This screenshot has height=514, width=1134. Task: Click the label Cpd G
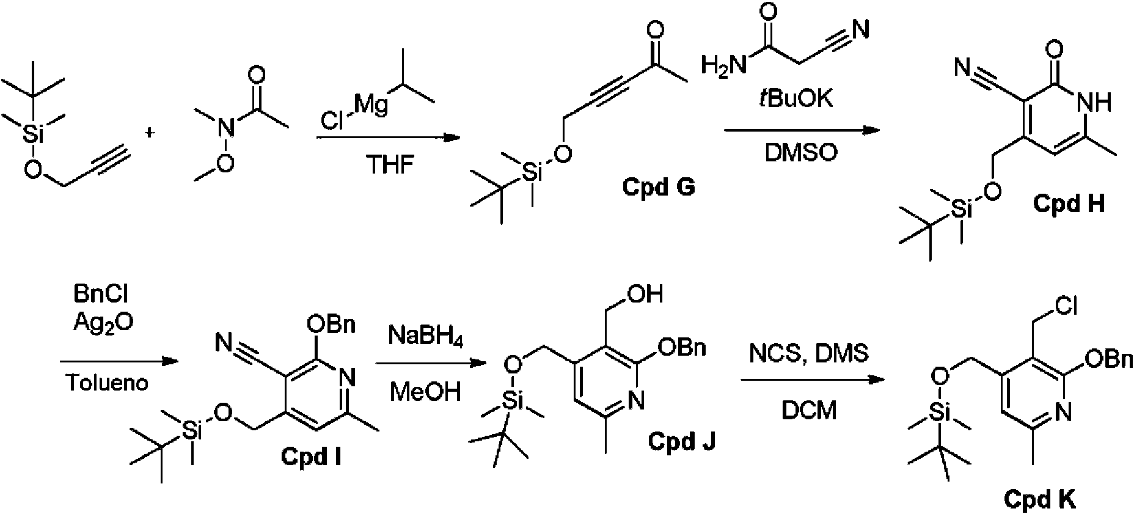[x=658, y=187]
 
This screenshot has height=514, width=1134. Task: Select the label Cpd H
[x=1069, y=203]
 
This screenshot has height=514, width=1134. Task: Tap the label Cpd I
[x=311, y=456]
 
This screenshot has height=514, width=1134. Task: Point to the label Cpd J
[x=682, y=441]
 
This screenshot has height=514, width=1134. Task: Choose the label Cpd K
[x=1039, y=500]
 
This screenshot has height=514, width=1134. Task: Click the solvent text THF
[x=390, y=165]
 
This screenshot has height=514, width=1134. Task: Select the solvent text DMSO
[x=801, y=153]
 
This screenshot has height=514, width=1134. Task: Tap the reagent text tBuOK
[x=795, y=98]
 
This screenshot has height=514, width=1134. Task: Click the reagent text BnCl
[x=103, y=295]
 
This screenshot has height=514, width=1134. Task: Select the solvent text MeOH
[x=425, y=391]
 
